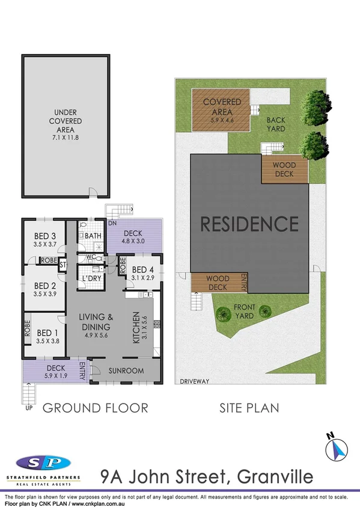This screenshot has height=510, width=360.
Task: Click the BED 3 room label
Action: [x=44, y=236]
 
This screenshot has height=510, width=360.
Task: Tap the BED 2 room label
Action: [x=44, y=286]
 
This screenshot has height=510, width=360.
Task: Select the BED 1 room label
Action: [x=44, y=333]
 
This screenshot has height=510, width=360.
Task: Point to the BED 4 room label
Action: [x=143, y=269]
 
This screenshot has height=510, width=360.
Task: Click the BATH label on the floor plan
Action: [x=93, y=236]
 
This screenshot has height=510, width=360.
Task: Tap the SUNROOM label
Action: [x=126, y=370]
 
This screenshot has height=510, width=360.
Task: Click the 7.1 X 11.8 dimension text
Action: [x=67, y=137]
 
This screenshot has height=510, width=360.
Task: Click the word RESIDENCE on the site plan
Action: [x=249, y=224]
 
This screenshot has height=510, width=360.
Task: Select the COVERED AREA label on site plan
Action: [x=222, y=106]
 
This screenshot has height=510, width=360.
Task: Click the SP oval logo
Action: [x=43, y=463]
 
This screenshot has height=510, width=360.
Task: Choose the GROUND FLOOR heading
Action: [x=95, y=408]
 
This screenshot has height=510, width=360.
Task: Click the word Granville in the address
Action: [x=276, y=477]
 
